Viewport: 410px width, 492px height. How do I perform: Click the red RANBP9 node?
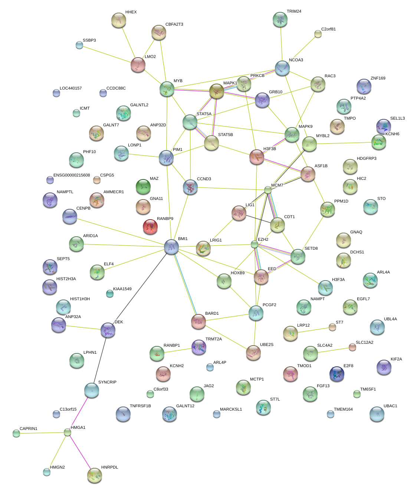pyautogui.click(x=150, y=227)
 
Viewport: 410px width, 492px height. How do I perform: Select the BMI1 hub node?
pyautogui.click(x=171, y=247)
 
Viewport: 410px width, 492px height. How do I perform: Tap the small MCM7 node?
pyautogui.click(x=268, y=190)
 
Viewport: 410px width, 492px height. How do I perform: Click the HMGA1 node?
pyautogui.click(x=67, y=432)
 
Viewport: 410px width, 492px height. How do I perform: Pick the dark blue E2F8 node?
pyautogui.click(x=337, y=374)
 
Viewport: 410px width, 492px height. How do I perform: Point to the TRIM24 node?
pyautogui.click(x=280, y=19)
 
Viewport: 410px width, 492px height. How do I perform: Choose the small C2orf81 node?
pyautogui.click(x=318, y=34)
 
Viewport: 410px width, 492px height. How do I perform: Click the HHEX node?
pyautogui.click(x=119, y=20)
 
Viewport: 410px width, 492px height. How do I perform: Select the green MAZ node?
pyautogui.click(x=143, y=187)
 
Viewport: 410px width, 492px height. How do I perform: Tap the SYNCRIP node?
pyautogui.click(x=91, y=390)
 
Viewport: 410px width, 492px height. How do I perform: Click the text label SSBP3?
pyautogui.click(x=89, y=41)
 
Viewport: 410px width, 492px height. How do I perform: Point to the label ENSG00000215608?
pyautogui.click(x=72, y=175)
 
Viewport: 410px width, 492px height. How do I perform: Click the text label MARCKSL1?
pyautogui.click(x=231, y=410)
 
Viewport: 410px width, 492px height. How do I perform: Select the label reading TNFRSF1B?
pyautogui.click(x=140, y=406)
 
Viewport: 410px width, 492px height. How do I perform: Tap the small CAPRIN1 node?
pyautogui.click(x=16, y=433)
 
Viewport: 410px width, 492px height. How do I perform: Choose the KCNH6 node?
pyautogui.click(x=379, y=142)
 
